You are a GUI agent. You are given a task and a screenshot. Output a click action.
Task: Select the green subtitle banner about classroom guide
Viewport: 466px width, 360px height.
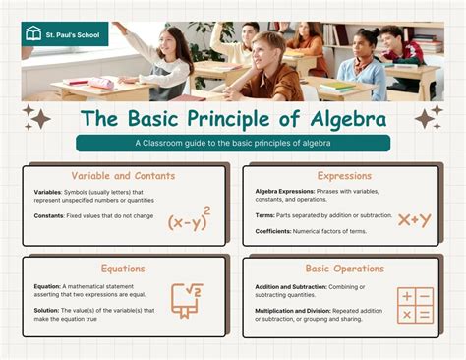pyautogui.click(x=233, y=143)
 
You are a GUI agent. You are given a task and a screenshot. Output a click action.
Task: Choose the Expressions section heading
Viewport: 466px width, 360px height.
pyautogui.click(x=343, y=175)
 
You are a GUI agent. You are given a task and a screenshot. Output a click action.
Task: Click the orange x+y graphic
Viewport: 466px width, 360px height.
pyautogui.click(x=413, y=219)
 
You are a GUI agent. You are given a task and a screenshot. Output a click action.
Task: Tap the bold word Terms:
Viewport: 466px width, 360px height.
pyautogui.click(x=266, y=214)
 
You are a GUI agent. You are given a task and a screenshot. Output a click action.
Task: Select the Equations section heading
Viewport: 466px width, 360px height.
pyautogui.click(x=122, y=268)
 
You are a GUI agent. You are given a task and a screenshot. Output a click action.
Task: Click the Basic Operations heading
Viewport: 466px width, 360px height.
pyautogui.click(x=343, y=268)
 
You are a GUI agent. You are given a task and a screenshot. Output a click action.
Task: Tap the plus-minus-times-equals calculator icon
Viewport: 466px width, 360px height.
pyautogui.click(x=414, y=305)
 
